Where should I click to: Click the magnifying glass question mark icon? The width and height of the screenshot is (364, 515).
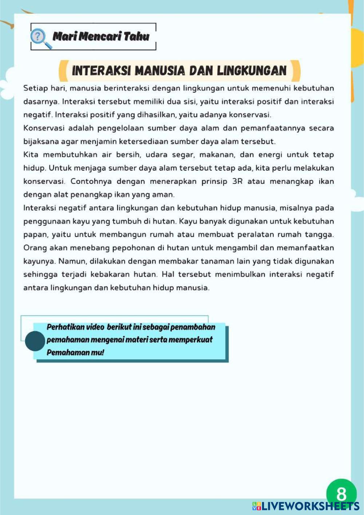[40, 38]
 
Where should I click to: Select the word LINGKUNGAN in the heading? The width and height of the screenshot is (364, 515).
[252, 71]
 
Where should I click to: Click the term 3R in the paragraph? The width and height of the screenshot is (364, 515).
[237, 181]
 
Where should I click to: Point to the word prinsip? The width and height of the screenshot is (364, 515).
[214, 181]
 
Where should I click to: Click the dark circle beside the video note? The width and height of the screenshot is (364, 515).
[35, 341]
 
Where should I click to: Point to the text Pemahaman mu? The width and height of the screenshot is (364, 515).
[75, 352]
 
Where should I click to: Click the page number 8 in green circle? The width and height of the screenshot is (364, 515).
[341, 494]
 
